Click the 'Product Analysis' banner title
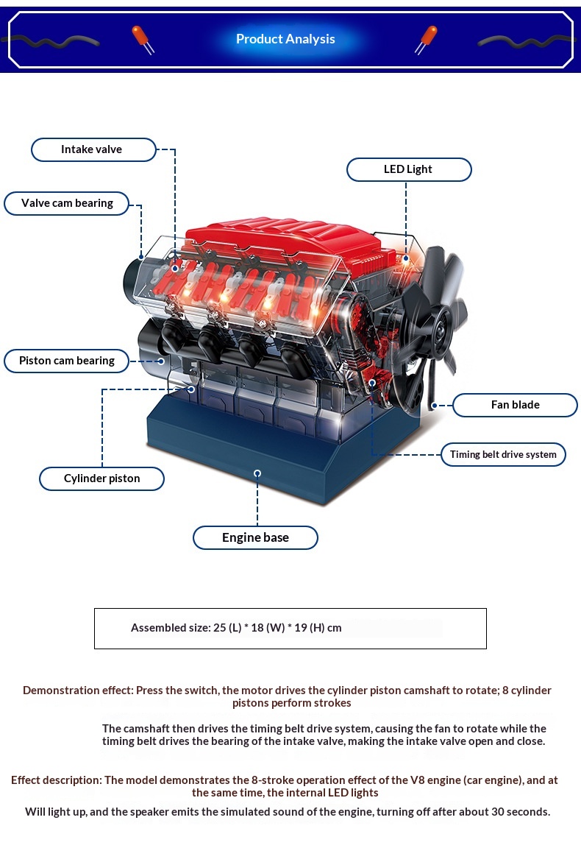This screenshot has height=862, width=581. click(285, 39)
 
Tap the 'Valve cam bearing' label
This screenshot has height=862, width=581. click(67, 203)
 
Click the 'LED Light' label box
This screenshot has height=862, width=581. click(409, 169)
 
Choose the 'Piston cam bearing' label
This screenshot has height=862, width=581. click(67, 361)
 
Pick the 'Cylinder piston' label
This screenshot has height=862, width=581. click(101, 478)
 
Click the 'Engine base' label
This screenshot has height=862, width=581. click(255, 537)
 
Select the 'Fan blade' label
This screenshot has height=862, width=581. click(515, 405)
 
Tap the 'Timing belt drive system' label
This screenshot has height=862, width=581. click(504, 455)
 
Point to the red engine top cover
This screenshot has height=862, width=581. click(285, 242)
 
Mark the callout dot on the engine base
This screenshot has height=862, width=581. click(257, 473)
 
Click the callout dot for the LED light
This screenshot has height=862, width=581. click(407, 258)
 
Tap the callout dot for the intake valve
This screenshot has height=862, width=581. click(175, 268)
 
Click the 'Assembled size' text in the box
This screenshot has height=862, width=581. click(236, 628)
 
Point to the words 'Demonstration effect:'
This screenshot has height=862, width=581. click(78, 690)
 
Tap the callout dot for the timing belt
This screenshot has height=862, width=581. click(372, 383)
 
